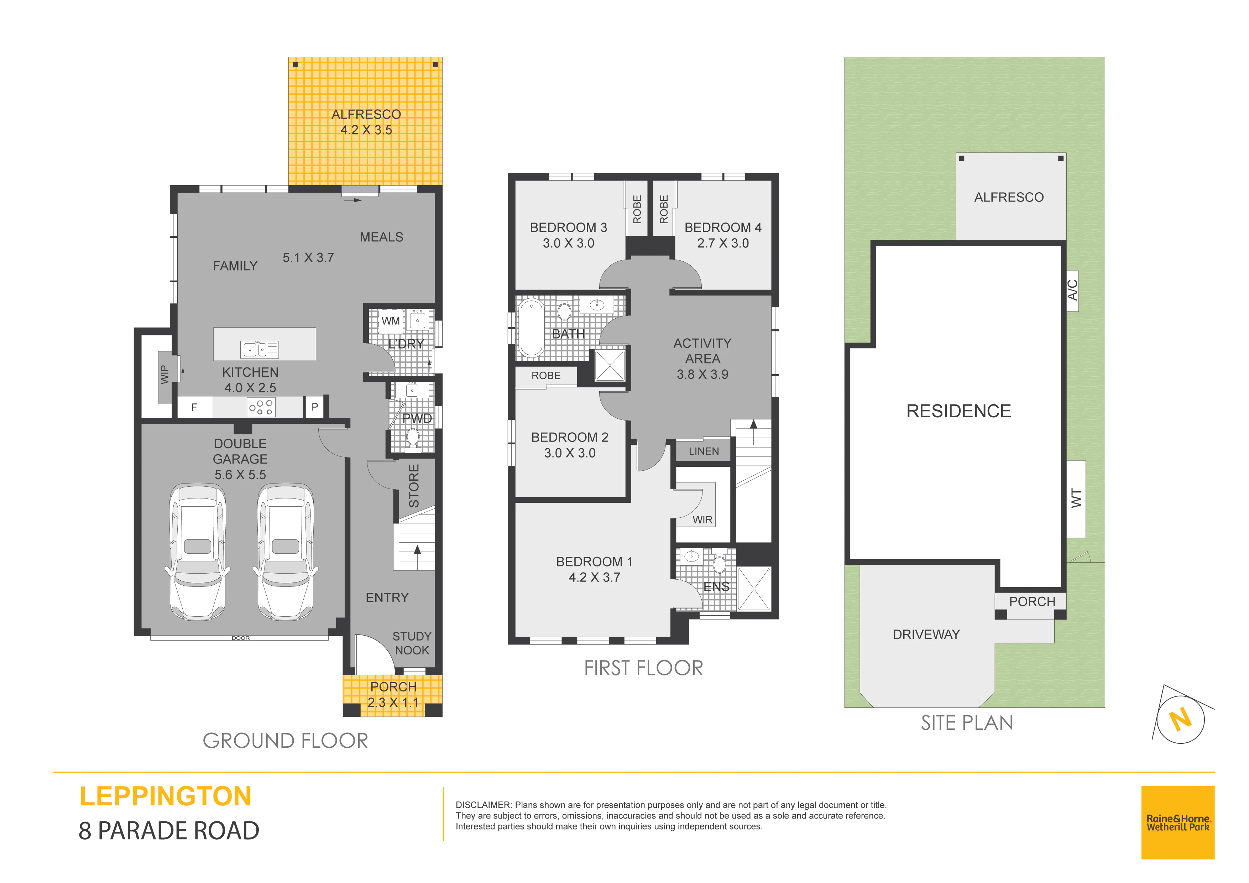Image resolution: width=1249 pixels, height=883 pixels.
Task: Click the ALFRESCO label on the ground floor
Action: (x=366, y=114)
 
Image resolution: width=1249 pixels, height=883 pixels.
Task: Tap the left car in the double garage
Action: (x=198, y=552)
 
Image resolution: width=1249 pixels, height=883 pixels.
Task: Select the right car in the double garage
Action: (x=285, y=552)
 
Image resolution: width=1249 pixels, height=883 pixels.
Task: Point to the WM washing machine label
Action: (x=391, y=321)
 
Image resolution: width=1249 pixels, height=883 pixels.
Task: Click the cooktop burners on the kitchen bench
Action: (x=261, y=407)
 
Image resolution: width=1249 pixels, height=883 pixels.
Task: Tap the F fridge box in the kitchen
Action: (x=194, y=407)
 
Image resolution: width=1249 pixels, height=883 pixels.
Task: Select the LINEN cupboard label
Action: (x=704, y=451)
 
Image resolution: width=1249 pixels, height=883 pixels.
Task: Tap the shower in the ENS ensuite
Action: (x=754, y=589)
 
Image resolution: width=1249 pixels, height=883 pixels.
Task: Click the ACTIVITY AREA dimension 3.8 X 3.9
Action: (x=702, y=374)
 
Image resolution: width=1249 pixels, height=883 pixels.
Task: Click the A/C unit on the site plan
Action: (x=1072, y=291)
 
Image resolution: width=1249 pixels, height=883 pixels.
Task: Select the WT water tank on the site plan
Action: (x=1076, y=499)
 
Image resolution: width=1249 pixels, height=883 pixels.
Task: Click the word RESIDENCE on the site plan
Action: (x=958, y=411)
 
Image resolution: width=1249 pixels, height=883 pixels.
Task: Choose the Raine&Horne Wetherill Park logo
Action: (x=1178, y=822)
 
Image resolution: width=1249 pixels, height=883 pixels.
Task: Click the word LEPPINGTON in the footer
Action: (x=165, y=796)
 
